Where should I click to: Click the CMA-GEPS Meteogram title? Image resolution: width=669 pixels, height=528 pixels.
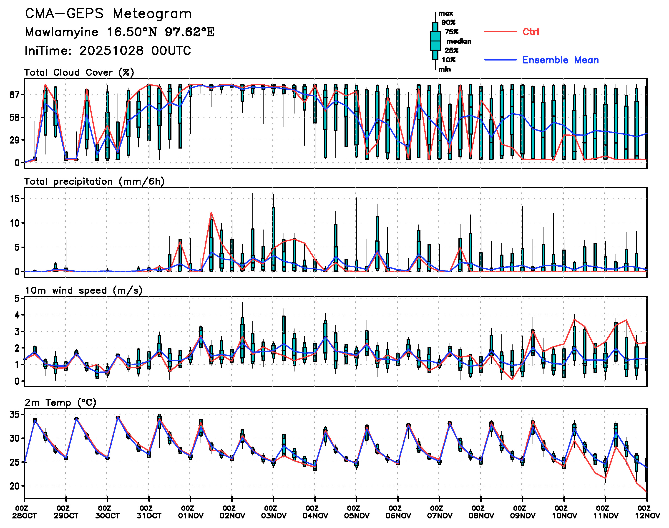point(108,14)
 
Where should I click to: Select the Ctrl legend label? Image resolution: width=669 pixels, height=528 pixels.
point(531,32)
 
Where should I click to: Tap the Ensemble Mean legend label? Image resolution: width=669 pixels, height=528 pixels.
point(560,60)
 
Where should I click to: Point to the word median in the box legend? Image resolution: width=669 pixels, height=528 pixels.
point(459,41)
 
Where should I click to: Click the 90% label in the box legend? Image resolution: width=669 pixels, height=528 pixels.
point(448,23)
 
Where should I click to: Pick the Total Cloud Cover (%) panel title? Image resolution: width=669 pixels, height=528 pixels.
point(79,73)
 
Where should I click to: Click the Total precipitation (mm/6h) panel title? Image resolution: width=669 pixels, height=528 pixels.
point(94,182)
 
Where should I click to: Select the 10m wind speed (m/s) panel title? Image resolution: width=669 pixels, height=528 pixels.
point(83,291)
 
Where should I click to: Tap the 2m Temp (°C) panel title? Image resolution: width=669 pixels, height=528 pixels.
point(60,402)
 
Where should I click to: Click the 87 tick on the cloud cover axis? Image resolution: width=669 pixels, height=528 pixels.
point(15,95)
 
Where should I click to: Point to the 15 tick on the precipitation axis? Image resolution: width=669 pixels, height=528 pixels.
point(15,199)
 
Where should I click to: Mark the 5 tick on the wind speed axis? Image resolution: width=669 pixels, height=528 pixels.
point(17,299)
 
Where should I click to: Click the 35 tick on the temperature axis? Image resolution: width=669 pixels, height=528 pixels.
point(15,414)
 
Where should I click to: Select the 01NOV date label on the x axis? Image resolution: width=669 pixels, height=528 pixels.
point(190,516)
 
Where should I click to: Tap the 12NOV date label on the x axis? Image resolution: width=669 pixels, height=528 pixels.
point(647,516)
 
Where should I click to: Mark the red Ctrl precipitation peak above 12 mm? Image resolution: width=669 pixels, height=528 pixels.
point(211,212)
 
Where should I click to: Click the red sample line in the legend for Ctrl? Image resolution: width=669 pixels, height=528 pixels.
point(500,32)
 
